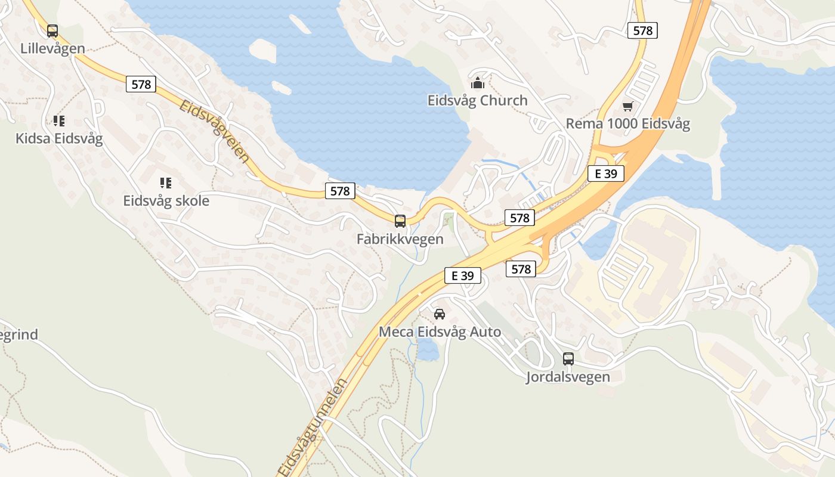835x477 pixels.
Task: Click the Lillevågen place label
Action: (52, 48)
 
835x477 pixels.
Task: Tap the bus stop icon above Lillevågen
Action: (52, 31)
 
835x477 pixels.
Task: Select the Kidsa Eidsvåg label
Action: (59, 139)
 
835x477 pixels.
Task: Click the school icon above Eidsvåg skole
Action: (166, 183)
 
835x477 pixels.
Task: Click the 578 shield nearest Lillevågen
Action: (141, 84)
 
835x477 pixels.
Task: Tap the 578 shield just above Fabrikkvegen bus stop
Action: (340, 191)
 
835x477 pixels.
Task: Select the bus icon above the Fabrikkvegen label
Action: (400, 221)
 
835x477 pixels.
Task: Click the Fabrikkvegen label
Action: (400, 239)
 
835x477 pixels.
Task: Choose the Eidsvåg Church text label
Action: (478, 100)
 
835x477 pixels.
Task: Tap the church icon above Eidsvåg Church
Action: (478, 83)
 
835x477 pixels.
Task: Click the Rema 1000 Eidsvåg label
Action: (627, 124)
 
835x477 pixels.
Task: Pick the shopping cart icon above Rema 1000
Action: (627, 107)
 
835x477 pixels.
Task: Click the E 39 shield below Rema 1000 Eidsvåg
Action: (606, 174)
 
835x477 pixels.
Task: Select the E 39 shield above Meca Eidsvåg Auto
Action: (463, 275)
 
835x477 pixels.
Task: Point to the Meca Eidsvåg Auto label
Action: (440, 332)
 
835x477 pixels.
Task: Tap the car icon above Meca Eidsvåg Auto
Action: (440, 314)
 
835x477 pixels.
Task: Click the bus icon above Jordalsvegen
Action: (568, 359)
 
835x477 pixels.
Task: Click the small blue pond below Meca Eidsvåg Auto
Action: (428, 351)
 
